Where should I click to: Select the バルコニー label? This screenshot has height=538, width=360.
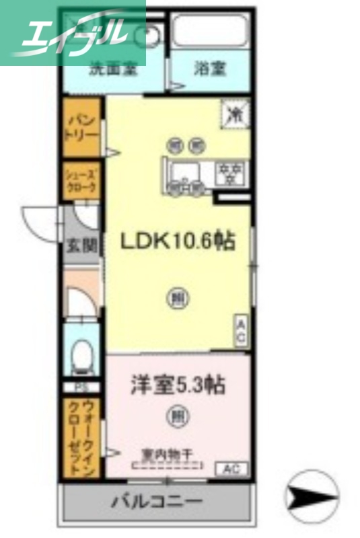157,502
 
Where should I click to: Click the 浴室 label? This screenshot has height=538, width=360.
209,68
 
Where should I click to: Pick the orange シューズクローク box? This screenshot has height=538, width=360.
81,180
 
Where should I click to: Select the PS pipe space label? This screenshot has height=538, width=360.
81,388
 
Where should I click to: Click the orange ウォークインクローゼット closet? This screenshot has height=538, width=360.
81,438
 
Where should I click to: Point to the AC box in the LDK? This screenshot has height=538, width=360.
241,332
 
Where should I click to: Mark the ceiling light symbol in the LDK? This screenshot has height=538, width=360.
177,297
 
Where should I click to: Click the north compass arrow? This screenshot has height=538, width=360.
312,497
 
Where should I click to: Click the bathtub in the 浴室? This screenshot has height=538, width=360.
209,30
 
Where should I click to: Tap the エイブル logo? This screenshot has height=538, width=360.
73,32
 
